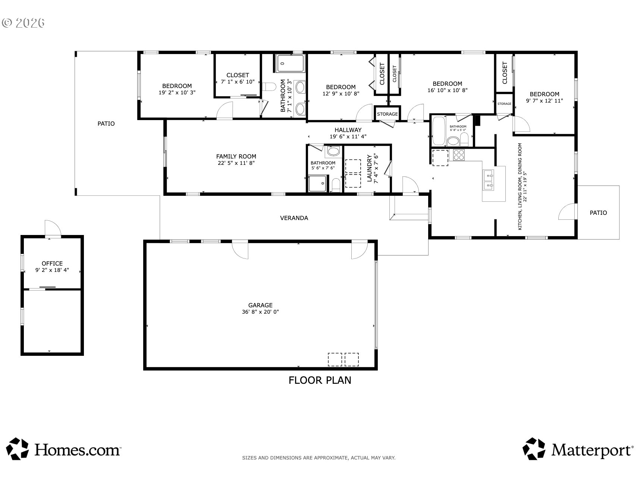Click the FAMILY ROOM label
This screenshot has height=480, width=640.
point(236,157)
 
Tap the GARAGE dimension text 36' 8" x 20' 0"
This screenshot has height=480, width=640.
point(260,312)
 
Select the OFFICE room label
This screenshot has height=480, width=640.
point(52,263)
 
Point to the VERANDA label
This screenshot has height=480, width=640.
point(294,218)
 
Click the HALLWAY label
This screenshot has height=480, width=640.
point(348,130)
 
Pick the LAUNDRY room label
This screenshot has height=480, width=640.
point(370,169)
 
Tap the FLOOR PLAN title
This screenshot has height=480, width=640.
point(320,380)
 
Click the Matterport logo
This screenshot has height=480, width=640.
point(578,449)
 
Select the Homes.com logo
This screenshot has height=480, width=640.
point(64,449)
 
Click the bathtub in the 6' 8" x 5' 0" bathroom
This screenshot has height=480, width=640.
point(439,131)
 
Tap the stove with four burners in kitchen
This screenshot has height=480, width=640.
point(459,155)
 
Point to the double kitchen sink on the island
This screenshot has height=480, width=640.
point(488,180)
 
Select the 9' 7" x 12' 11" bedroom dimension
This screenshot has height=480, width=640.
point(545,101)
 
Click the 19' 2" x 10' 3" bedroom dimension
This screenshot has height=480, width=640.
point(177,92)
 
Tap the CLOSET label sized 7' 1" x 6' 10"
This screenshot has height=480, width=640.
point(238,75)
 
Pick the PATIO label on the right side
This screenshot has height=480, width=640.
point(598,213)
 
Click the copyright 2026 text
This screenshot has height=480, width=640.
point(23,23)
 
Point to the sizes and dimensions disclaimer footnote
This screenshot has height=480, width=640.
point(319,458)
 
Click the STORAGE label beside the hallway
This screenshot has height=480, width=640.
point(387,114)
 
